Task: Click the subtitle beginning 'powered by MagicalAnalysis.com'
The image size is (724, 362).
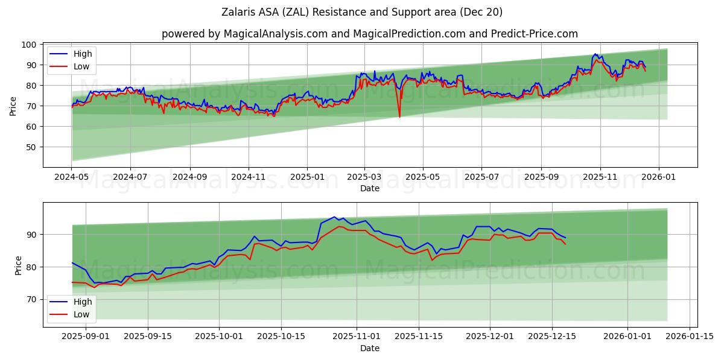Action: coord(370,34)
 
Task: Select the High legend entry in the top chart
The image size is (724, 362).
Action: coord(81,54)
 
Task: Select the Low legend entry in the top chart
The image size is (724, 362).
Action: coord(81,66)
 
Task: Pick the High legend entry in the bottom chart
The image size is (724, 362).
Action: coord(81,302)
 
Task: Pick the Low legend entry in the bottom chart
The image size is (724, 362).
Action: coord(81,314)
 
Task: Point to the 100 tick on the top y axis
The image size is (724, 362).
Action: coord(29,45)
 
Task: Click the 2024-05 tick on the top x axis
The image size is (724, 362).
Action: coord(72,177)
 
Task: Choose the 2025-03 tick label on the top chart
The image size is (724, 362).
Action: coord(364,177)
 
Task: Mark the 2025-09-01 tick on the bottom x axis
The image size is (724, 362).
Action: coord(86,337)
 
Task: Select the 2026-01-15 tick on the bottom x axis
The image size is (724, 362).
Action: coord(690,337)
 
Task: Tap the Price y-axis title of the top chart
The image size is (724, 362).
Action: coord(13,106)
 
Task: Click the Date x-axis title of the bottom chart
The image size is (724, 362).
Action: coord(370,348)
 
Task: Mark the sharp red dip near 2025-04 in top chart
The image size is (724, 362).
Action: coord(399,116)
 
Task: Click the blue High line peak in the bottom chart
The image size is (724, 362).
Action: coord(334,217)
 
